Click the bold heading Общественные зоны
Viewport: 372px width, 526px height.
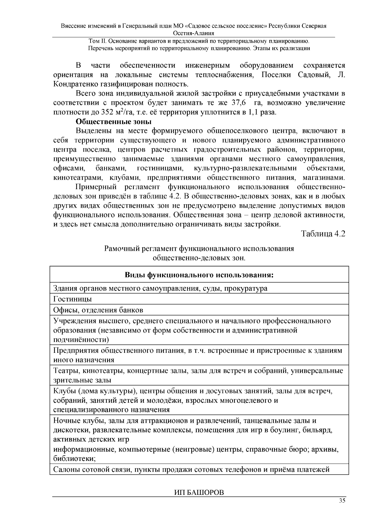(x=113, y=122)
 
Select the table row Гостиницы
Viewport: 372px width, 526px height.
(x=73, y=299)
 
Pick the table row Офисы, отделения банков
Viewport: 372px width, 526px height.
(x=98, y=310)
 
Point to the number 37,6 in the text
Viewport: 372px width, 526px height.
(x=239, y=103)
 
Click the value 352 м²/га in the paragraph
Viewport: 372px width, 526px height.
(x=116, y=112)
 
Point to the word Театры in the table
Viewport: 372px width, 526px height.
(x=65, y=371)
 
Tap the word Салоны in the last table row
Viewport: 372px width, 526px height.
(x=66, y=470)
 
